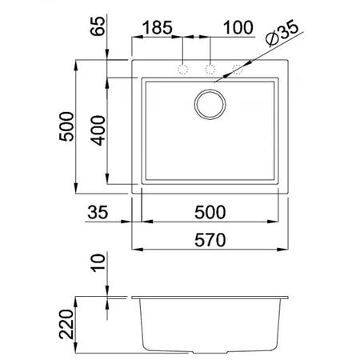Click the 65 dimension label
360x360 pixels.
[x=98, y=26]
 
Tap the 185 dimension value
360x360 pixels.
[x=158, y=27]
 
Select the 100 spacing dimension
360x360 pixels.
[x=238, y=27]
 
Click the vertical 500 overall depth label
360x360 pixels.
[x=66, y=126]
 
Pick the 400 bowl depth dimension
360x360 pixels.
[x=98, y=130]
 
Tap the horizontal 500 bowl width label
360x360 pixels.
[x=210, y=212]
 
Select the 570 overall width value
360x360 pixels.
[x=210, y=240]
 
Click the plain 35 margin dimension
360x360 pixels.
[x=98, y=212]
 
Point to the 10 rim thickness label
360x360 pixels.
[x=98, y=263]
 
